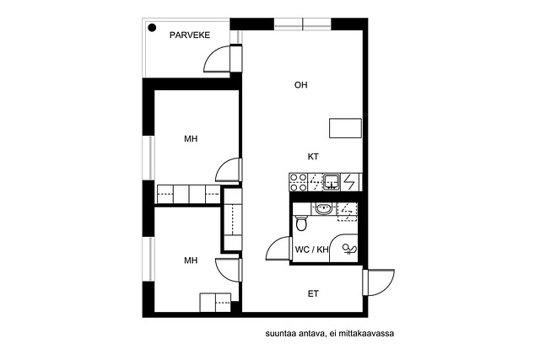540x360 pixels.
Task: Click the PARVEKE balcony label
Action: [190, 35]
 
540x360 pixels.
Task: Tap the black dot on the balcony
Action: [152, 28]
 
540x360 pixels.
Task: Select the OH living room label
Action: [300, 85]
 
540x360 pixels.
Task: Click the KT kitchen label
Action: [313, 157]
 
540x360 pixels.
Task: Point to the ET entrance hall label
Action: [313, 294]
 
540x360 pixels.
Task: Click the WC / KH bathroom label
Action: [311, 250]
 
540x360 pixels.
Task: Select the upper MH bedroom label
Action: [191, 139]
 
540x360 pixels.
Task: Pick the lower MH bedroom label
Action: [191, 261]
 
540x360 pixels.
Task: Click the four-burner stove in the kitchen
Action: [298, 182]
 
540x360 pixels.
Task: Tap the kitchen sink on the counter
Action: [332, 182]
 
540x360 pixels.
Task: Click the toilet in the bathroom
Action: [301, 223]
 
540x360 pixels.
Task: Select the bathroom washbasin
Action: [324, 208]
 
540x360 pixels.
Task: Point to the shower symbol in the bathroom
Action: [350, 250]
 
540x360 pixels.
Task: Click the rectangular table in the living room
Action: [345, 128]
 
